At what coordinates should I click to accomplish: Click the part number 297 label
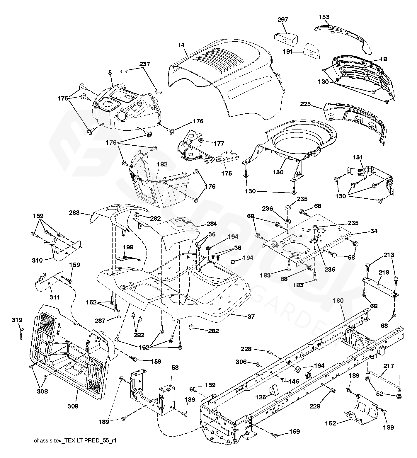point(283,20)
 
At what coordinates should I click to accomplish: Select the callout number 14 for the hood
point(181,45)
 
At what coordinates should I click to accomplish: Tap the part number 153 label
point(324,17)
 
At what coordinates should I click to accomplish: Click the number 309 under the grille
point(73,406)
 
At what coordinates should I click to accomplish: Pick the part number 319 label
point(17,320)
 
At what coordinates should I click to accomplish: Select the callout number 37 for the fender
point(251,316)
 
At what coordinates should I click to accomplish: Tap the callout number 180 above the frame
point(338,300)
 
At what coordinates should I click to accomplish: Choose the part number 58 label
point(175,368)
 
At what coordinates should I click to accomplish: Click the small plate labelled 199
point(128,258)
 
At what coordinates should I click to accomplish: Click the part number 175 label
point(227,173)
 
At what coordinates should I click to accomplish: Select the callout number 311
point(55,297)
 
